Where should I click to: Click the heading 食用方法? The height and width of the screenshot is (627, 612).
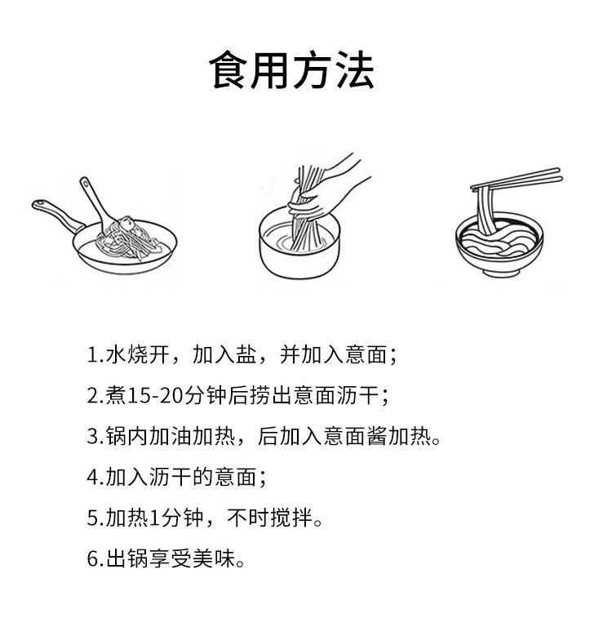(x=292, y=71)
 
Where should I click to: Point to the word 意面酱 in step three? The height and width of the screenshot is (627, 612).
(x=348, y=437)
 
